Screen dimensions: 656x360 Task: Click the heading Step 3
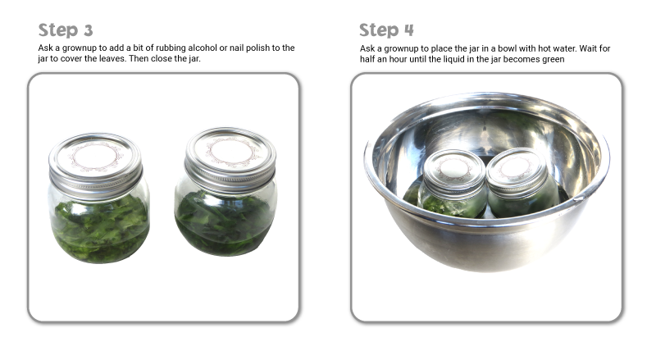(x=66, y=30)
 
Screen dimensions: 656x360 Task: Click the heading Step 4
(x=386, y=30)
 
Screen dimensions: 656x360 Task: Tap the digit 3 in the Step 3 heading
(x=88, y=30)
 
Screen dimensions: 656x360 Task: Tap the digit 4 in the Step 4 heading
(x=408, y=30)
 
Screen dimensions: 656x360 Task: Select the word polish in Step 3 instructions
(x=257, y=48)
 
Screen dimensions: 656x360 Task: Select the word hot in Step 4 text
(x=544, y=48)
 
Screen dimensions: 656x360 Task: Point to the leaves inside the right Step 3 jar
(x=225, y=222)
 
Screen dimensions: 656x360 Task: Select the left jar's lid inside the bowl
(x=454, y=172)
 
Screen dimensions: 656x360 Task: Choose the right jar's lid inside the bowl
(x=517, y=171)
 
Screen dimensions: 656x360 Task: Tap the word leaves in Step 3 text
(x=112, y=58)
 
